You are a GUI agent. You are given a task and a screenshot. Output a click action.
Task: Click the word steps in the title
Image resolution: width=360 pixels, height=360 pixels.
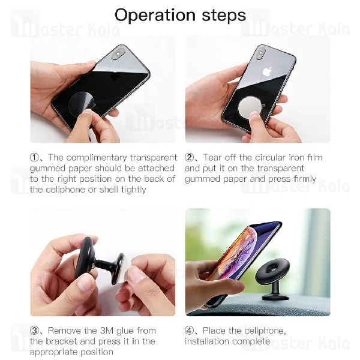pos(220,16)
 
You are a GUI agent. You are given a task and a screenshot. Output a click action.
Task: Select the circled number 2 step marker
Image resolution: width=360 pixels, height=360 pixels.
pos(189,158)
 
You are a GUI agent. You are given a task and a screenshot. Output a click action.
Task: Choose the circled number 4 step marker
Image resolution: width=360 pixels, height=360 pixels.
pos(190,331)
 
